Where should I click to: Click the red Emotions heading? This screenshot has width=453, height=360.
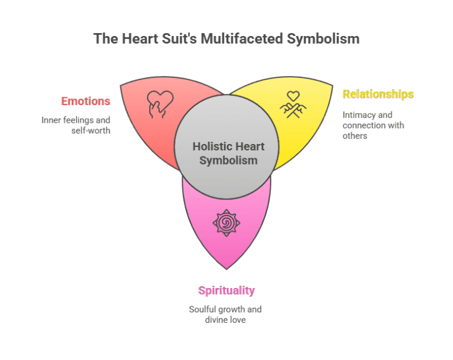point(86,101)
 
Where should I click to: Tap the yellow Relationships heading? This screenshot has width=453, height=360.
point(378,94)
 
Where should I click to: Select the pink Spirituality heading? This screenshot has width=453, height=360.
point(226,290)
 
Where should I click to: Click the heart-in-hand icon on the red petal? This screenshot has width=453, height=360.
point(160,104)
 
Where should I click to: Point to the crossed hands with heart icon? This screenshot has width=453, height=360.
point(293,104)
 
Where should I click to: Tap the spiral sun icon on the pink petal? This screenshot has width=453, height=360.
point(226,223)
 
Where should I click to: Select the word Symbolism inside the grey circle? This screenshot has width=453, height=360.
point(228,161)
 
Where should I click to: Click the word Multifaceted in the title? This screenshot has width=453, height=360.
point(242,39)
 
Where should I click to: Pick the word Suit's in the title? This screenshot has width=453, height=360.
point(179,39)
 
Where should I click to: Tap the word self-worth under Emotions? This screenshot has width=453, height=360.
point(91,130)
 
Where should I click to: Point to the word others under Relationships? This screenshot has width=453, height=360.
point(354,136)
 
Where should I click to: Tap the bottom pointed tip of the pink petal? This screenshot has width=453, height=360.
point(226,269)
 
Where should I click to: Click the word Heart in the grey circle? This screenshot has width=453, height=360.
point(248,146)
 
